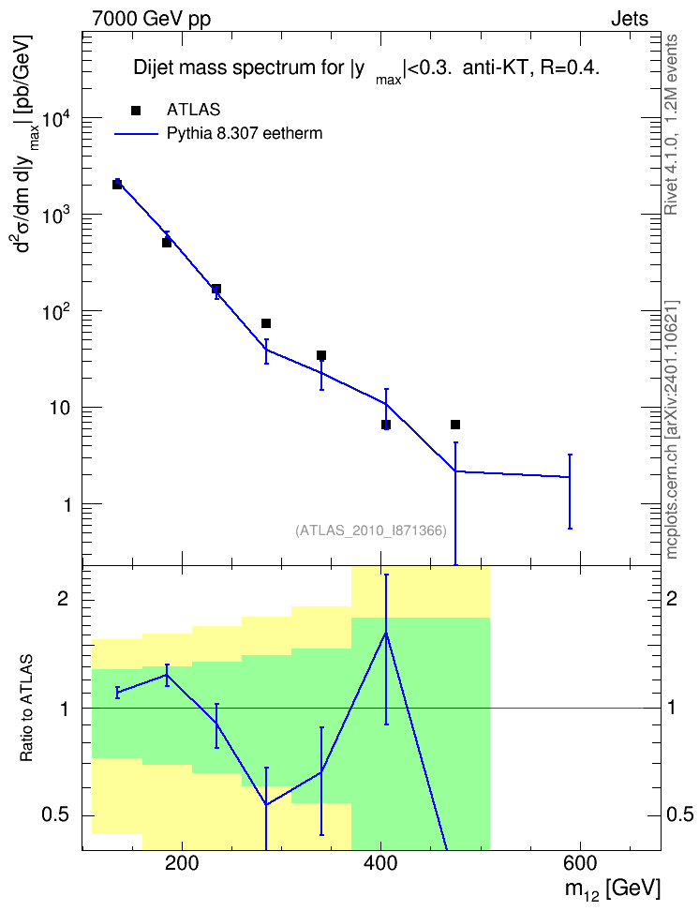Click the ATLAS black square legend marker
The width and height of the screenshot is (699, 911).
click(136, 111)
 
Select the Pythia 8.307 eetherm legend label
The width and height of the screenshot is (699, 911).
click(244, 134)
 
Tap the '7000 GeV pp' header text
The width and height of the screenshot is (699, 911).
click(151, 19)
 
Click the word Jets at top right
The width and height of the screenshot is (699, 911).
click(630, 19)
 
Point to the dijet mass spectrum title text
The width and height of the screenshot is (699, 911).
click(366, 69)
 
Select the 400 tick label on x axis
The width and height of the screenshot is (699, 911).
click(381, 863)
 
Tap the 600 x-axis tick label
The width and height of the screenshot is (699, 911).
click(580, 863)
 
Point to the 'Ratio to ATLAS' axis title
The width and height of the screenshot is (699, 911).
click(26, 708)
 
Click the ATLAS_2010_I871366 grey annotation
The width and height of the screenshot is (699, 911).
click(371, 530)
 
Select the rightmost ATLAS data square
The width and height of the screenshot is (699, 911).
click(455, 425)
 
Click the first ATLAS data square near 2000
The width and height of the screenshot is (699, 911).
click(117, 185)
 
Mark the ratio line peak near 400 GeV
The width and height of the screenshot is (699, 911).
click(386, 633)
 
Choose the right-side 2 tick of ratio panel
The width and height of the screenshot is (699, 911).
click(672, 599)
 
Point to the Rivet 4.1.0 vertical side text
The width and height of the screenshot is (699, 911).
click(672, 125)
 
